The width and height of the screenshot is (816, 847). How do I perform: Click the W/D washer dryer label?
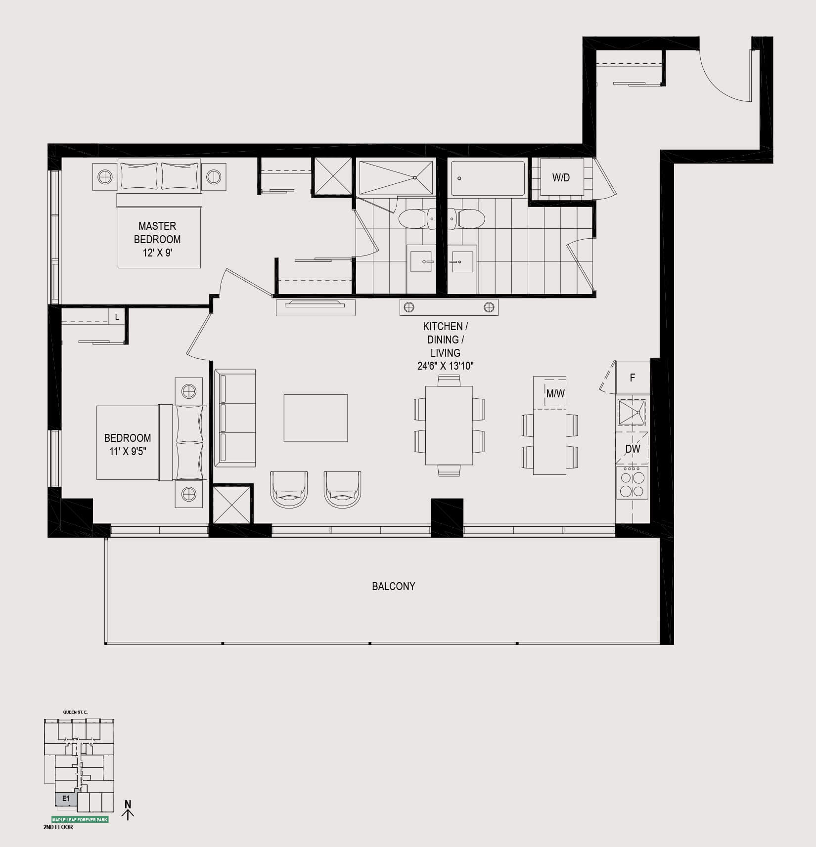point(561,178)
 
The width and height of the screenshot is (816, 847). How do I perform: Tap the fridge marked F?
point(632,378)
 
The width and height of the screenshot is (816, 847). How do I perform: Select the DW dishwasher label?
point(633,449)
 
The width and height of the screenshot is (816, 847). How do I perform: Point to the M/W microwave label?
point(555,394)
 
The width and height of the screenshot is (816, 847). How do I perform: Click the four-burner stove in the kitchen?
point(632,482)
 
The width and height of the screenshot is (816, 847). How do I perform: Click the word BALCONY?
point(394,586)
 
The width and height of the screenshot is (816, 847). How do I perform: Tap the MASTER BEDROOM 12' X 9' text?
point(157,239)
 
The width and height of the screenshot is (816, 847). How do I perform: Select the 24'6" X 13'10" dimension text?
point(446,366)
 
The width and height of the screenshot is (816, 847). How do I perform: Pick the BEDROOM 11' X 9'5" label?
point(128,444)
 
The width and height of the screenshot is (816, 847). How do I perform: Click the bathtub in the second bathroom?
point(488,178)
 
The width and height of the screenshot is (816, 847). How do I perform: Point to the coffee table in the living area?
point(316,418)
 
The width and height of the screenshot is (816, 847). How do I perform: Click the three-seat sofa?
point(235,418)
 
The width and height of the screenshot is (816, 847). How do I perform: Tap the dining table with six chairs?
point(449,425)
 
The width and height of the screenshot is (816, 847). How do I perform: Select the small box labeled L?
point(117,317)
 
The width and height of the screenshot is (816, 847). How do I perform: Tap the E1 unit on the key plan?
point(66,798)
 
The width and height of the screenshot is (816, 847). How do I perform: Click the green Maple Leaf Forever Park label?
point(80,819)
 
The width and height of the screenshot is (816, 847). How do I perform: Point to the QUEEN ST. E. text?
point(75,712)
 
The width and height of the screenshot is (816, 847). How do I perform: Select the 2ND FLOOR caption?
point(58,827)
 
